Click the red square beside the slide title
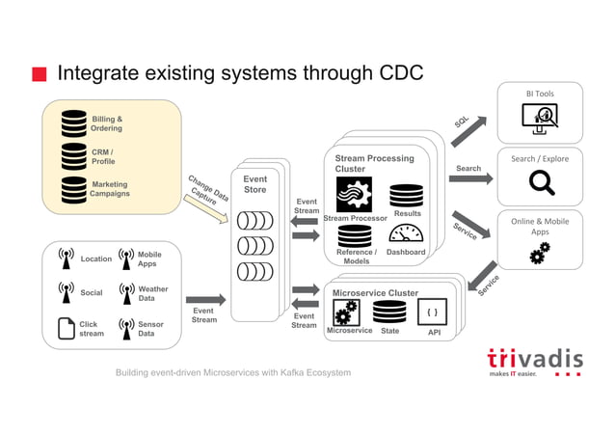(40, 74)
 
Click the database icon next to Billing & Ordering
(74, 123)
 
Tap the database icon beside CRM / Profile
(74, 155)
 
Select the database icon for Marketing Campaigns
(74, 188)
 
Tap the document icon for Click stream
(66, 329)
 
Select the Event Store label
(254, 184)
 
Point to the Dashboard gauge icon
(406, 234)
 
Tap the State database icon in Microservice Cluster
(389, 312)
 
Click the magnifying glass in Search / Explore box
(540, 182)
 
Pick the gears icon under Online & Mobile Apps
(540, 253)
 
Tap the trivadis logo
(534, 360)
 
